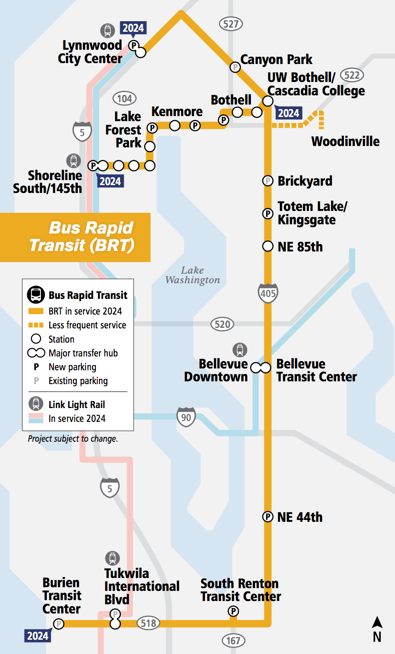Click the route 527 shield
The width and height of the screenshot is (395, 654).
(x=231, y=23)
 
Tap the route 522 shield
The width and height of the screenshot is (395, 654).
(x=352, y=75)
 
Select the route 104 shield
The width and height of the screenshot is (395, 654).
(x=125, y=98)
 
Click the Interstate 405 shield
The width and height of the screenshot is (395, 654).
(x=268, y=293)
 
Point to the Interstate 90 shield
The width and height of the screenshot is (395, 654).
(x=186, y=417)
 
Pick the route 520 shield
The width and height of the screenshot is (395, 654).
(x=222, y=324)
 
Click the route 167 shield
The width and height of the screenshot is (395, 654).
(x=233, y=640)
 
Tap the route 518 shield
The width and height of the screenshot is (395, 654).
(x=148, y=623)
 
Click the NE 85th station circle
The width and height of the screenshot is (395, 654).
(x=267, y=246)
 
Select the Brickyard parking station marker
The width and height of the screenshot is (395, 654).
(x=267, y=181)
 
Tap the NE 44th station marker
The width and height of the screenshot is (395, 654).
(x=267, y=517)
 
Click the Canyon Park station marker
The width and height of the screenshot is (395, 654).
(x=235, y=67)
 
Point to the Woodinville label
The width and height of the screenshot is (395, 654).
(x=345, y=141)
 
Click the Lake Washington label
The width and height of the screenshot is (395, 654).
(x=192, y=275)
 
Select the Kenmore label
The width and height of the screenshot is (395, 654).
(x=177, y=111)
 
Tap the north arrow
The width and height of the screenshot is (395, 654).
(x=377, y=629)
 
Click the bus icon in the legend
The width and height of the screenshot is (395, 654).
(x=35, y=295)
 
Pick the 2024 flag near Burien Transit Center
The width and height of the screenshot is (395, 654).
(x=37, y=636)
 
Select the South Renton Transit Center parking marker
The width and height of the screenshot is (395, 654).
(x=233, y=611)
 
